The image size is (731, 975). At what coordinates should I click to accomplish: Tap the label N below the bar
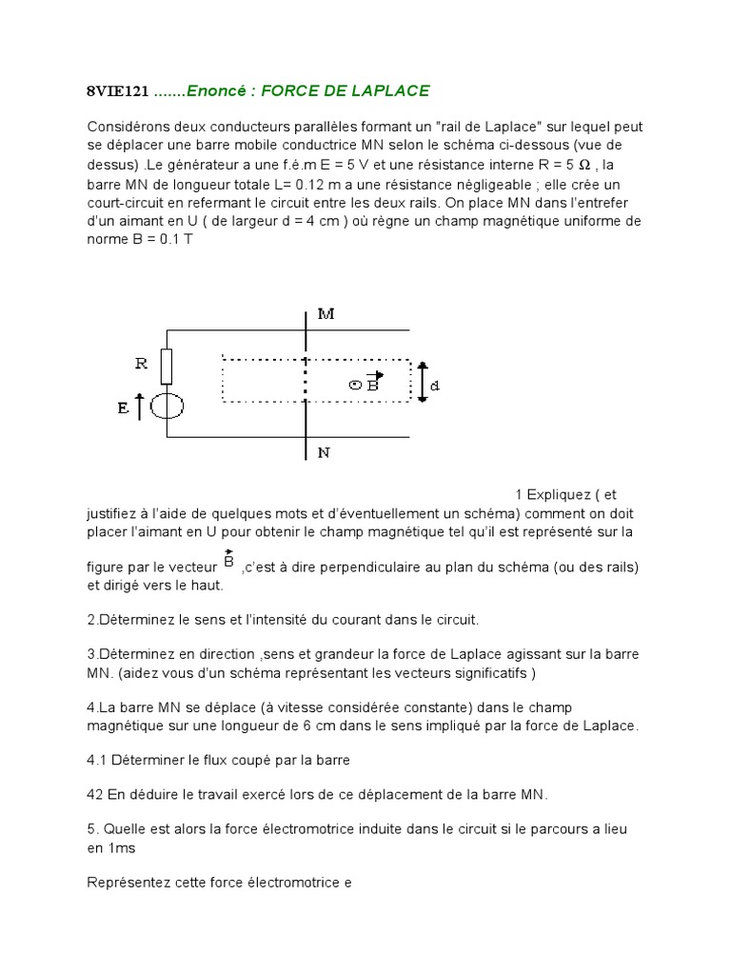[325, 452]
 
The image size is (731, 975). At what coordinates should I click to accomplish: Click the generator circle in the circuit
[168, 407]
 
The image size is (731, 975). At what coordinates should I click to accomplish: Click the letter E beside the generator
[122, 408]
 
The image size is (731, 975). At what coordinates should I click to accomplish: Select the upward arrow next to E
[141, 407]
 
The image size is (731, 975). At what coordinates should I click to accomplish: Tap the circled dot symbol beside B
[355, 386]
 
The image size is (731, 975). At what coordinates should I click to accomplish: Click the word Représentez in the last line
[127, 882]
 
